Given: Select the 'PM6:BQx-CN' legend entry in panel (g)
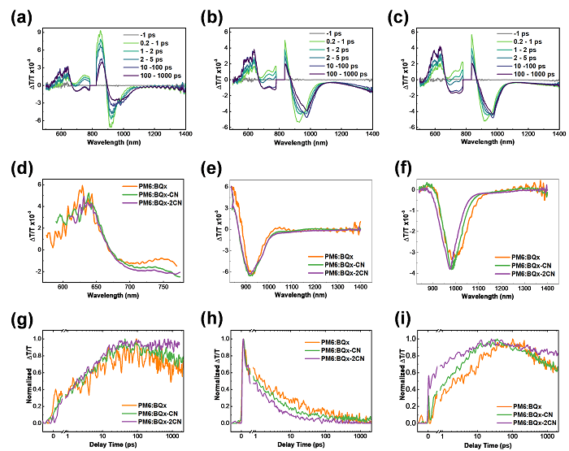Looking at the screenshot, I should [155, 414].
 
